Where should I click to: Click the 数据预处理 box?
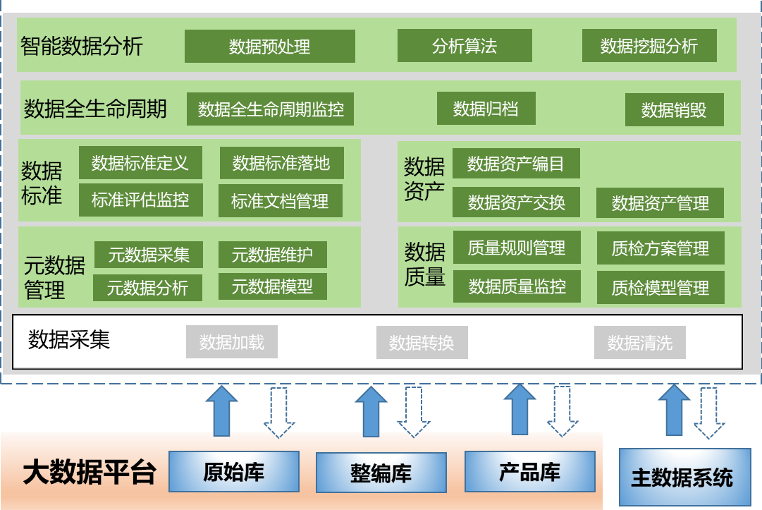tap(269, 47)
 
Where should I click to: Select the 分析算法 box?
tap(464, 46)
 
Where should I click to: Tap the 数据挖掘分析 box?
tap(649, 46)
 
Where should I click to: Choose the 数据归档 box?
tap(486, 109)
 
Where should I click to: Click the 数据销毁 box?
tap(674, 110)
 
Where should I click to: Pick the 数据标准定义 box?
tap(140, 163)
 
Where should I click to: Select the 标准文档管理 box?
tap(280, 201)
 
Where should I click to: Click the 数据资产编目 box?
tap(516, 164)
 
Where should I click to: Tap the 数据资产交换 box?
tap(517, 203)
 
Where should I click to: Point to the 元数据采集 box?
tap(149, 255)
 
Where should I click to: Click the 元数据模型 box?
tap(272, 286)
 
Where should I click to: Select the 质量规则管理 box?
tap(517, 248)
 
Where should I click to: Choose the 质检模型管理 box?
tap(660, 288)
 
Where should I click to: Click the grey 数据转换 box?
tap(422, 343)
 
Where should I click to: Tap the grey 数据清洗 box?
tap(640, 343)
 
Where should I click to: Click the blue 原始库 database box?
tap(234, 471)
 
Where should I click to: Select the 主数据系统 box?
tap(682, 478)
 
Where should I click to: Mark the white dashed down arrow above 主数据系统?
tap(709, 413)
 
